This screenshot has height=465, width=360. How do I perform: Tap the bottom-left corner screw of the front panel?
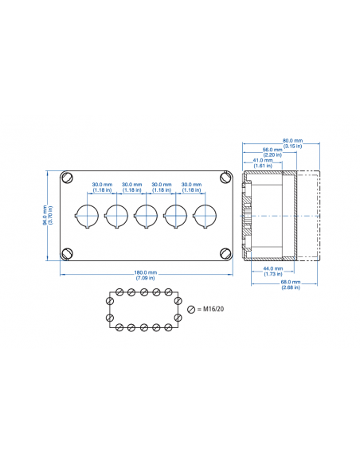point(68,253)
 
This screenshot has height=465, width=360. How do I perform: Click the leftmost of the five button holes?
point(86,214)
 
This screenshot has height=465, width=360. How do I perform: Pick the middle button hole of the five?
point(146,214)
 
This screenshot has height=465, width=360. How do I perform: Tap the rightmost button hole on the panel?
point(205,214)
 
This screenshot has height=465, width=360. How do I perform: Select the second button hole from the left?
point(116,214)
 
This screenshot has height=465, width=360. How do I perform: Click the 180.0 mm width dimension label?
point(146,273)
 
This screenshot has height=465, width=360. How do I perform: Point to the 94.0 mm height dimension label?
point(46,214)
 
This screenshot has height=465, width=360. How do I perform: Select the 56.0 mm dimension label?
point(273,149)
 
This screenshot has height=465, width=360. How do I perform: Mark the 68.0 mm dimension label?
point(291,282)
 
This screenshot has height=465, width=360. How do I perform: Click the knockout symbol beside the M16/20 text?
point(190,309)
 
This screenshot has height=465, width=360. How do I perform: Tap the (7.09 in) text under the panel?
point(146,279)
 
